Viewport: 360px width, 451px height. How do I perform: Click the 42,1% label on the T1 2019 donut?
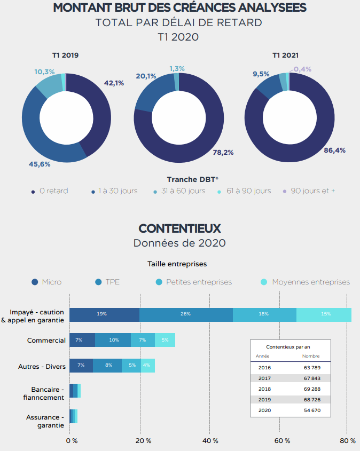114,83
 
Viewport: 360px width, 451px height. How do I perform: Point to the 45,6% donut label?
40,164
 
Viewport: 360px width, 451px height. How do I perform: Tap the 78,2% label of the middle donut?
223,152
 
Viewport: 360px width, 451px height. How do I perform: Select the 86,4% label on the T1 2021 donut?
334,151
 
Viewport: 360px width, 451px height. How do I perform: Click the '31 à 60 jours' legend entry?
178,191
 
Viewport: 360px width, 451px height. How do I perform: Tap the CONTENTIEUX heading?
179,228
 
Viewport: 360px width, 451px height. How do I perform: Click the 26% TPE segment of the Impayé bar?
186,314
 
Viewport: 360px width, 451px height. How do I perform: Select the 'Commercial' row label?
46,341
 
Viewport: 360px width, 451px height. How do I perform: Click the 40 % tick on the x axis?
211,440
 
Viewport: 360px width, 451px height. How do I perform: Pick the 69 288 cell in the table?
311,389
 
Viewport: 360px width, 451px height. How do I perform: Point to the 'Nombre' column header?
310,356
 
